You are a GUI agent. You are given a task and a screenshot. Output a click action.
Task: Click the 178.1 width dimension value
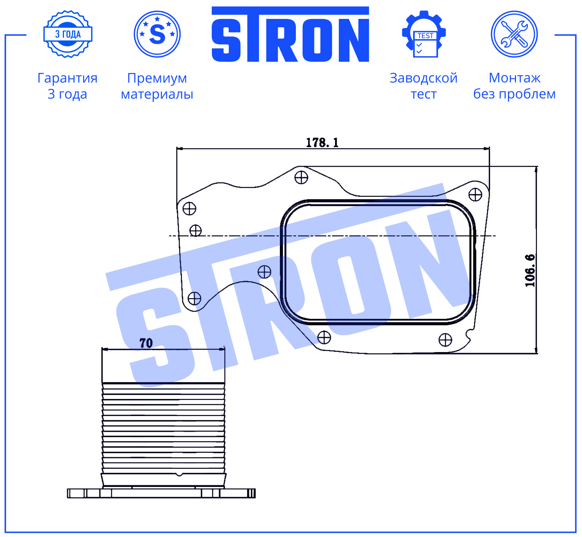322,143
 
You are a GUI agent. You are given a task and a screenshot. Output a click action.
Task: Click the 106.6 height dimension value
530,271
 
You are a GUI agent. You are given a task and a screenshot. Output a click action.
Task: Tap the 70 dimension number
146,343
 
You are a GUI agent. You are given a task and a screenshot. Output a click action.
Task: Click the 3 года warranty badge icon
68,34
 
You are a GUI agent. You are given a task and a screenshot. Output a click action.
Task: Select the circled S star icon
157,34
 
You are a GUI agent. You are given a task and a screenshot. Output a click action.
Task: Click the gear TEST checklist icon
424,34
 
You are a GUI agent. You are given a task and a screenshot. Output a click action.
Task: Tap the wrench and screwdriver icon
514,34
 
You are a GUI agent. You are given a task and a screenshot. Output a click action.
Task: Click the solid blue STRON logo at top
290,34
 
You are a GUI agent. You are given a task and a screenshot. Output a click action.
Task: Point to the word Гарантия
67,78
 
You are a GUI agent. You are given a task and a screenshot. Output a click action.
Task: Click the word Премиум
157,78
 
